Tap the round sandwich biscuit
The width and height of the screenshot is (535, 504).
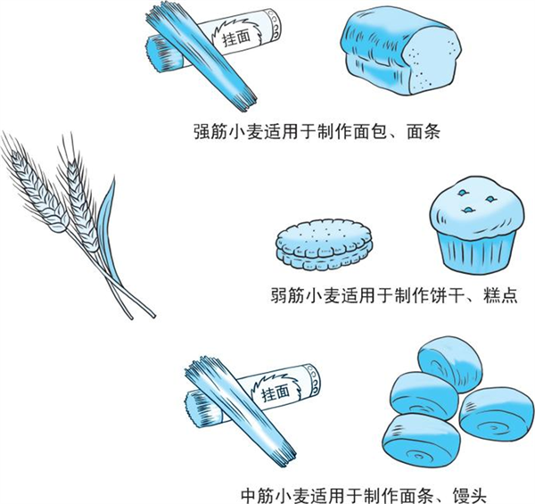(x=324, y=244)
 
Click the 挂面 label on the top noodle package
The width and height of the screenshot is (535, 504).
(x=236, y=37)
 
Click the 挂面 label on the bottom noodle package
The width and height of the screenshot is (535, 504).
(x=276, y=392)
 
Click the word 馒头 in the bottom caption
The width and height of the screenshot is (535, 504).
(x=469, y=495)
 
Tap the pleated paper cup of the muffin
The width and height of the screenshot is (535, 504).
(x=477, y=252)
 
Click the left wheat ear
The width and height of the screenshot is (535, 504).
(x=36, y=191)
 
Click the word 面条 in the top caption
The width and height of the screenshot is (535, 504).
(x=424, y=131)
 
